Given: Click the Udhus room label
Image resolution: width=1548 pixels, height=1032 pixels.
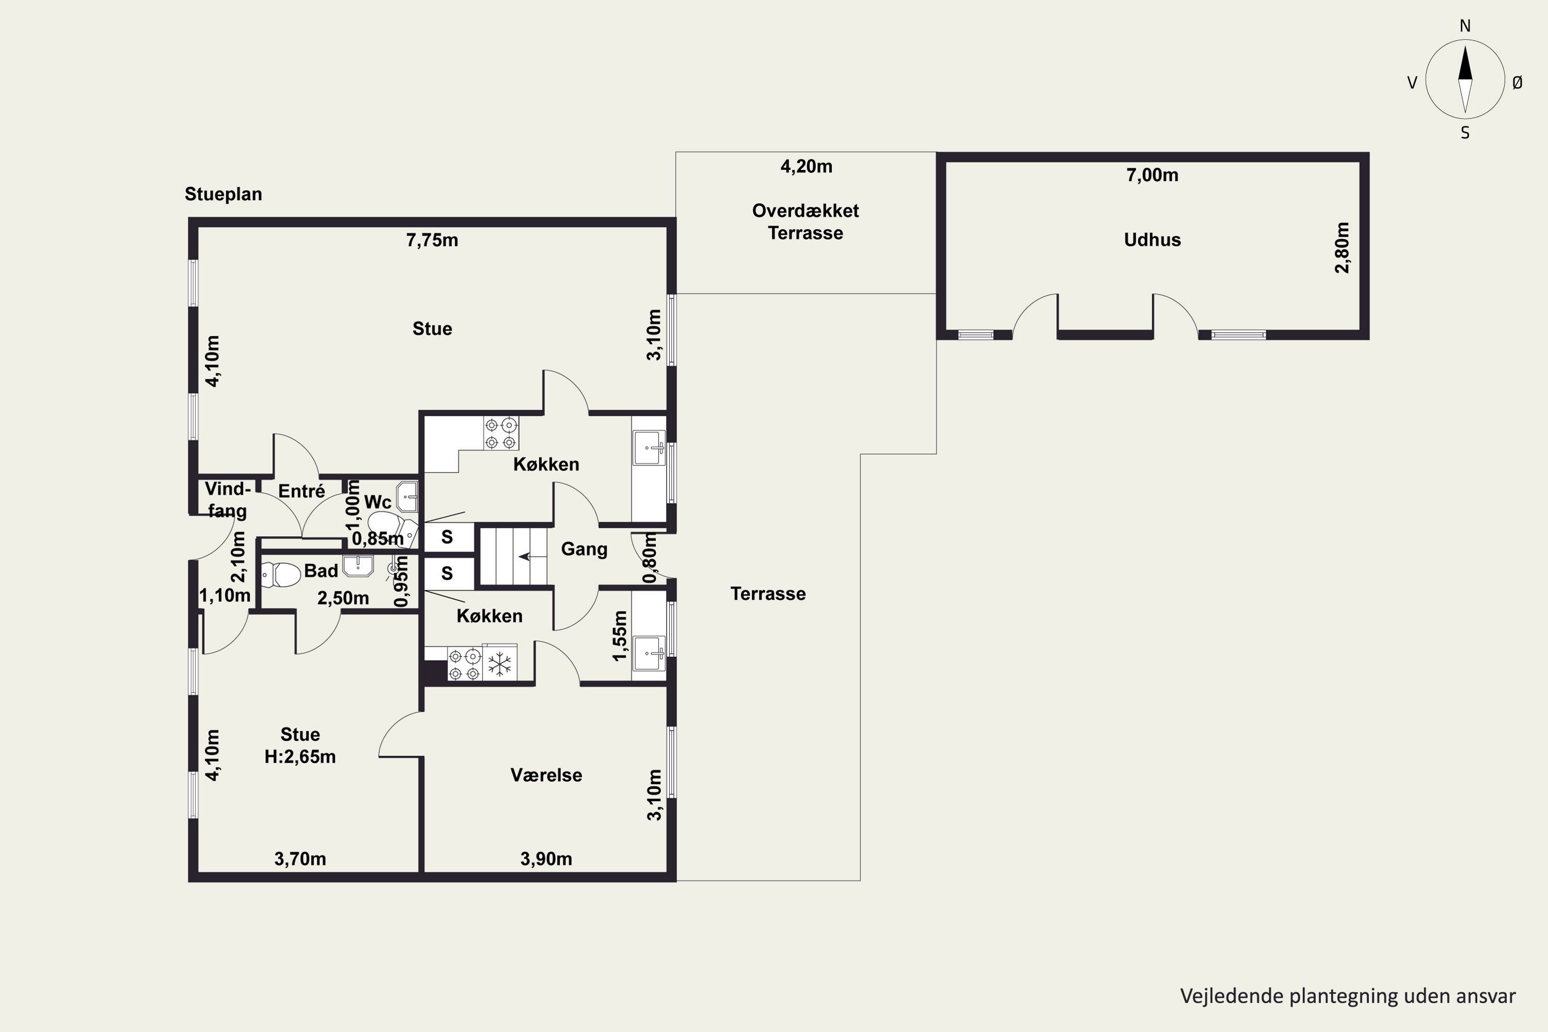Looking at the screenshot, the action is [1152, 239].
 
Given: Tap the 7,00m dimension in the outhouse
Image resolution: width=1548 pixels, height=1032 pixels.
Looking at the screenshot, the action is [1152, 175].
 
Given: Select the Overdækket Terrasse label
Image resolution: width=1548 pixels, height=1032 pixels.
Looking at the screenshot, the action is [805, 222].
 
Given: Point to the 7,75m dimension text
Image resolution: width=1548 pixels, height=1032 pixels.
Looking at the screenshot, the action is [432, 240].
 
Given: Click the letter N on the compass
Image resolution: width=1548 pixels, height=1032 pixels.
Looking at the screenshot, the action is [1465, 26].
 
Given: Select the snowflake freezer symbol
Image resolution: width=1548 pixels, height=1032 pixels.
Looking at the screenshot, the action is [499, 664].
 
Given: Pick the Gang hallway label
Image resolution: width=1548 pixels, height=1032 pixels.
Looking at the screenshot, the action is [584, 549].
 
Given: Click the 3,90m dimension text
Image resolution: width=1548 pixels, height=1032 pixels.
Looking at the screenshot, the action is [546, 859].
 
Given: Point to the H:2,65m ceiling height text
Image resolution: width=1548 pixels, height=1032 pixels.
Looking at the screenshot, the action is [300, 757].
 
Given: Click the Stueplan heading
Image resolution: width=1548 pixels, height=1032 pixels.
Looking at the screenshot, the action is [223, 194].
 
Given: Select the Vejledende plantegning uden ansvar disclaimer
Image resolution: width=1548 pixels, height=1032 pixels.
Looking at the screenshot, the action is [1348, 996].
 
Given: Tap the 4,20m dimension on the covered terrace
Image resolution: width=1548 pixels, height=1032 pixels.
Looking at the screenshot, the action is [806, 167].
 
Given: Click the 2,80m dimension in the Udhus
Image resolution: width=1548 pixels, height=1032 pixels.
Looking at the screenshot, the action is [1342, 248].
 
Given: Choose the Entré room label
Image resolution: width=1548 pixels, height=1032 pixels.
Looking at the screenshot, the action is [301, 491].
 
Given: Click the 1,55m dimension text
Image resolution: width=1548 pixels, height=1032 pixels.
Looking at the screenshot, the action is [619, 636].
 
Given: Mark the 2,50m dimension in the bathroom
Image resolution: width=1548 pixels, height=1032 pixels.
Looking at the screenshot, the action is [343, 598].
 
